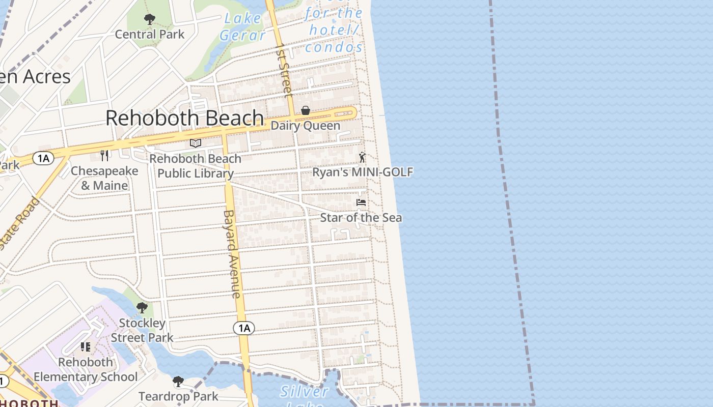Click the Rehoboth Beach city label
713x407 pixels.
click(x=184, y=118)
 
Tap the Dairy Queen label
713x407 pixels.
click(x=306, y=126)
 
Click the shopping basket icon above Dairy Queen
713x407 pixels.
click(x=306, y=110)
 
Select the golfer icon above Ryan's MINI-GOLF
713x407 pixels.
click(x=362, y=157)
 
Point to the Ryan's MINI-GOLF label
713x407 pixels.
click(x=362, y=172)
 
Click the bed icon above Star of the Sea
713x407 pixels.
click(x=361, y=202)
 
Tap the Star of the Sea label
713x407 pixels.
click(x=361, y=218)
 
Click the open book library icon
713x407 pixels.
click(x=196, y=143)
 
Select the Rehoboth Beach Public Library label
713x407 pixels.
click(x=196, y=166)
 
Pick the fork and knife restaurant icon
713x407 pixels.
click(x=104, y=155)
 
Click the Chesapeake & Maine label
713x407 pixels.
click(x=104, y=178)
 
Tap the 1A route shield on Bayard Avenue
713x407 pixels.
click(x=244, y=328)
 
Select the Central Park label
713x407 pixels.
click(x=149, y=35)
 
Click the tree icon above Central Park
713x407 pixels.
click(x=149, y=20)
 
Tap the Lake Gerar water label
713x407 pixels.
click(x=242, y=27)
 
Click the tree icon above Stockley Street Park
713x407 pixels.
click(x=142, y=308)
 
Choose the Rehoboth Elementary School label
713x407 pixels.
click(x=86, y=369)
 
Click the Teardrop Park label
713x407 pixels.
click(x=178, y=396)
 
